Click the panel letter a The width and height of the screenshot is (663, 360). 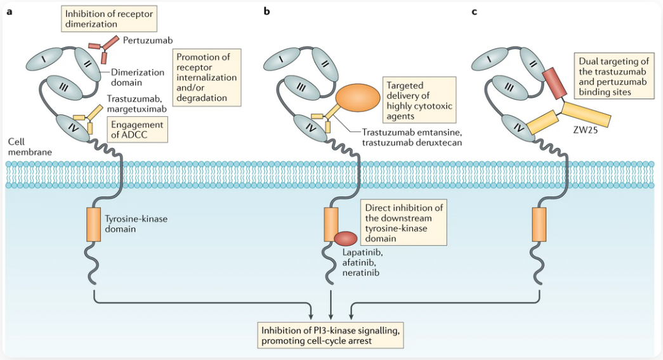[9, 11]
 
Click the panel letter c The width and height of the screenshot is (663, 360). [475, 11]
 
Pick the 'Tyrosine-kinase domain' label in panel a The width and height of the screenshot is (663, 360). [135, 223]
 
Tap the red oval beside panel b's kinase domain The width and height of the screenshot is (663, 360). [346, 238]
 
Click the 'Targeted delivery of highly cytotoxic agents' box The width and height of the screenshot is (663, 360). [419, 100]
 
